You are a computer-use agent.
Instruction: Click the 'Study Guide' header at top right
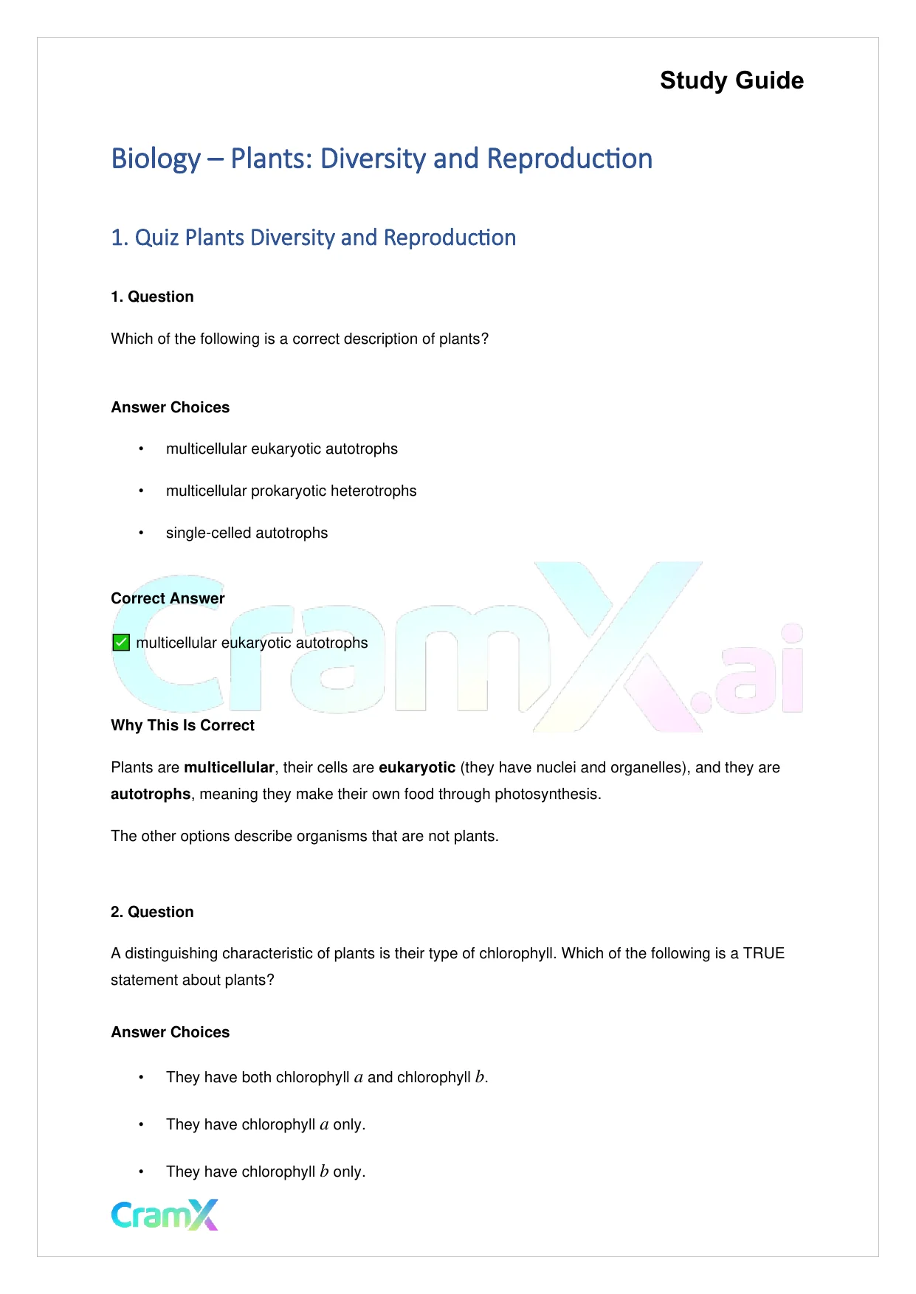[x=731, y=80]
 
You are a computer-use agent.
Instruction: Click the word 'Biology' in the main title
[x=156, y=159]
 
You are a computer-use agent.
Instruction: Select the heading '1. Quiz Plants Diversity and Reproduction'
[x=313, y=238]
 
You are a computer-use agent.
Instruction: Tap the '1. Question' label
[x=152, y=297]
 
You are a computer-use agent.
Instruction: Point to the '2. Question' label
[x=152, y=912]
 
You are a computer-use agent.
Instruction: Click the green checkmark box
[x=121, y=643]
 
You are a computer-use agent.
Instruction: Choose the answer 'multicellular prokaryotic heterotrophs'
[x=291, y=491]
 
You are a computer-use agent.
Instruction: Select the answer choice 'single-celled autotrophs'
[x=247, y=533]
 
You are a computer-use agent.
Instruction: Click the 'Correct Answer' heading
[x=168, y=598]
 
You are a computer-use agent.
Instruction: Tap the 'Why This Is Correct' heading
[x=182, y=725]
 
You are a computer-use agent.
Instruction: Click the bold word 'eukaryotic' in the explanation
[x=417, y=767]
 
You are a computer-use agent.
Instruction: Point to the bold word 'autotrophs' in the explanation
[x=151, y=794]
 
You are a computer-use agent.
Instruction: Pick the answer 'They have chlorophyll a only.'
[x=266, y=1124]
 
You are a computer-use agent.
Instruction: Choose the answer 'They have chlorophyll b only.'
[x=266, y=1172]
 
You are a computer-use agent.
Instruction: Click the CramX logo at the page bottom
[x=165, y=1214]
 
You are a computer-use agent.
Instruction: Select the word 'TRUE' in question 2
[x=764, y=953]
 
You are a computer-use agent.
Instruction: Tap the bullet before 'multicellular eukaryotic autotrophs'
[x=141, y=449]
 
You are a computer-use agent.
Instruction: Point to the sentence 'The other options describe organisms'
[x=304, y=836]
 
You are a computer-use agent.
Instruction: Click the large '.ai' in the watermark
[x=749, y=675]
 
